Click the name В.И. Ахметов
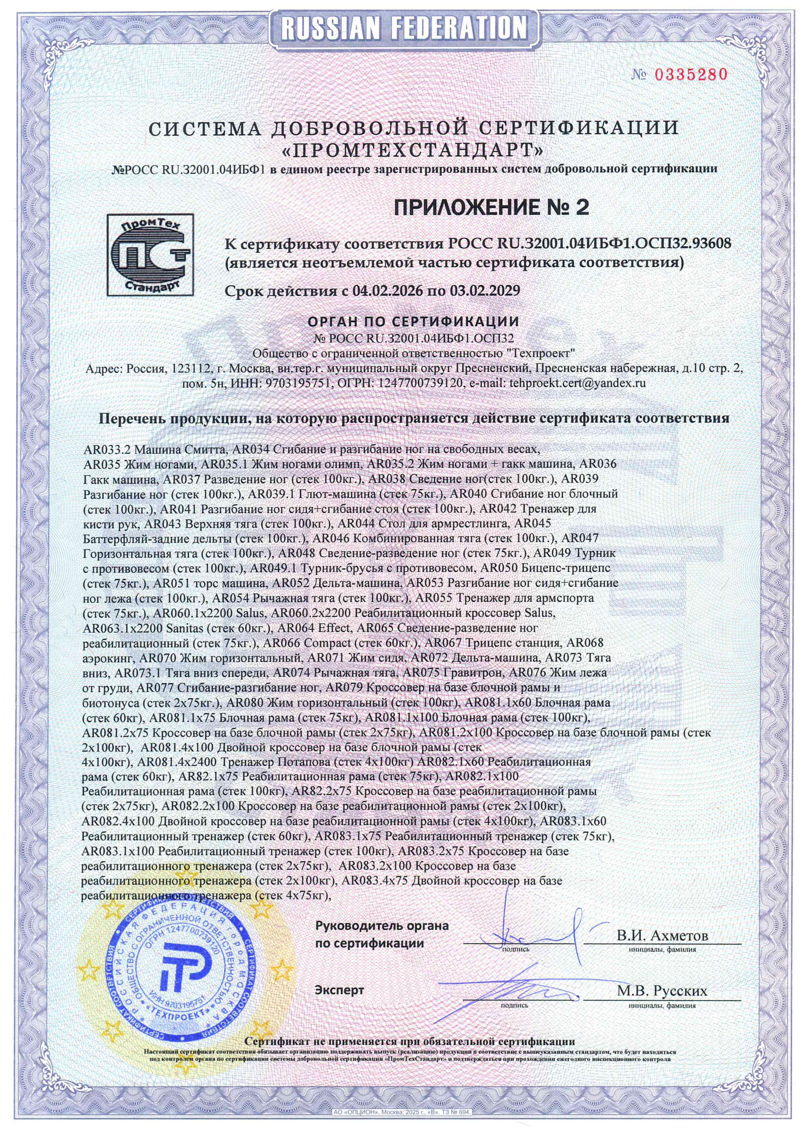click(x=662, y=935)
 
